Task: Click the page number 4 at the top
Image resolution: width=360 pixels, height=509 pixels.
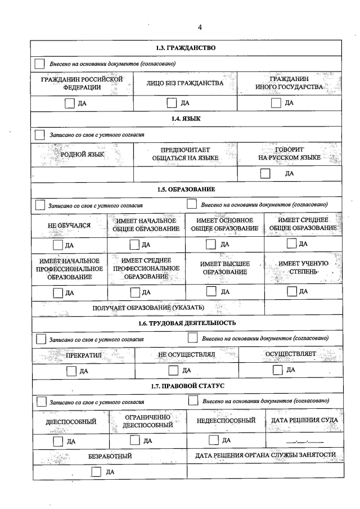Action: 200,27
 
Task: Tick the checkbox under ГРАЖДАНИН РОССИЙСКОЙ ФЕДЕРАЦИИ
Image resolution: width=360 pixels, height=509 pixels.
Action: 69,103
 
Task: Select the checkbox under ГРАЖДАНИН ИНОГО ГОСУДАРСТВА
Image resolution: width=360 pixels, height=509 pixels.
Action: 276,103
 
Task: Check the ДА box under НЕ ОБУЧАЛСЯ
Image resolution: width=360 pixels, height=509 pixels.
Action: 57,245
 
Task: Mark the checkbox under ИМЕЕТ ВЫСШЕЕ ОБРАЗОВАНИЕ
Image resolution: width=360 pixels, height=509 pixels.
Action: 211,244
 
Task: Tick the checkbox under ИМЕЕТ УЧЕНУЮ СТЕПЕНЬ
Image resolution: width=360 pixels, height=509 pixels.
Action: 291,244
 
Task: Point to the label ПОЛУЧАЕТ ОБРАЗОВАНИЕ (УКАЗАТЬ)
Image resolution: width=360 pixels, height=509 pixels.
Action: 148,307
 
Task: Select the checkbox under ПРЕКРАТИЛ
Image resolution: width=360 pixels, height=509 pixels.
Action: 71,371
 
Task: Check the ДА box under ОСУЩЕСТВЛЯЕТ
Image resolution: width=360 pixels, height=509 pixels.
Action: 277,370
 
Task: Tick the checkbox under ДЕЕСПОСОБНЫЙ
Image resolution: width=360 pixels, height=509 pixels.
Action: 57,441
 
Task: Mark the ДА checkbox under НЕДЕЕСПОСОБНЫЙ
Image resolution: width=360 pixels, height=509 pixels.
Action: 213,440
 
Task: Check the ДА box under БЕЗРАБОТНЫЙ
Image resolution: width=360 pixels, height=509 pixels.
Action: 96,471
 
